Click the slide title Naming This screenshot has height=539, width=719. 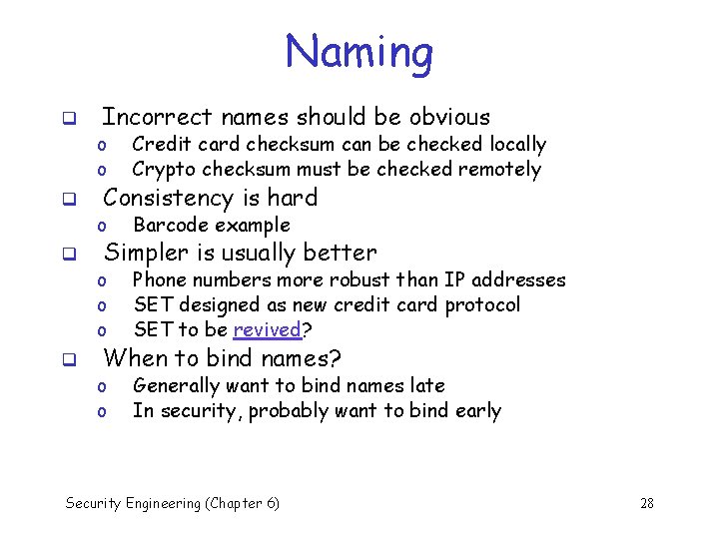359,52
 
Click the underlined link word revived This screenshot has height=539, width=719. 267,330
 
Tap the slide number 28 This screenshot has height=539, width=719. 646,503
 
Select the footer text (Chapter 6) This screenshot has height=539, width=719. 242,503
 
